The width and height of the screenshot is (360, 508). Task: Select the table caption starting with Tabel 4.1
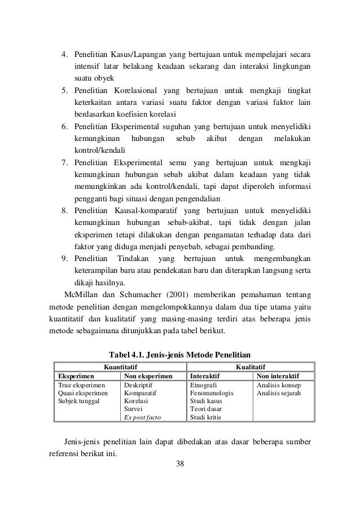point(179,355)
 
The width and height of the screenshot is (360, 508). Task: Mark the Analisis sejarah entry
point(279,394)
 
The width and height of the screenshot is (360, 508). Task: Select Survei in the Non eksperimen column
point(133,409)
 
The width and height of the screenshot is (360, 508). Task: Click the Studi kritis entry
point(206,417)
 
